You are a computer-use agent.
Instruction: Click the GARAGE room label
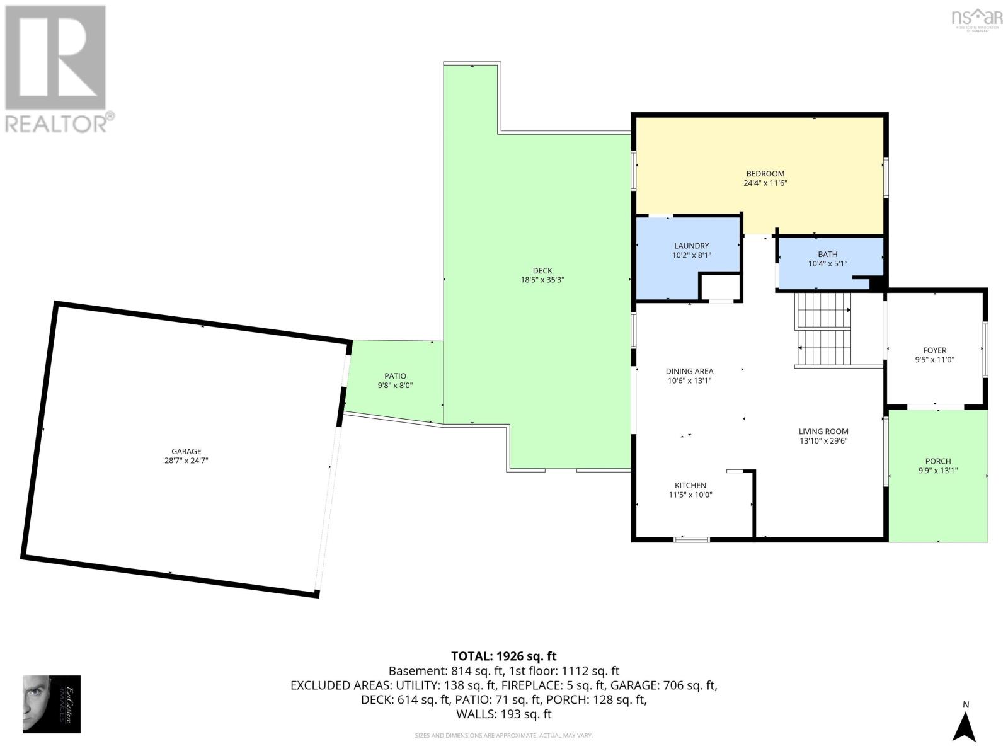tap(186, 451)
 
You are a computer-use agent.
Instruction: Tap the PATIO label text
tap(396, 376)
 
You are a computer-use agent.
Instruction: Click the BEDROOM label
tap(765, 174)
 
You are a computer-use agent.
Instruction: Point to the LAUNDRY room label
tap(691, 246)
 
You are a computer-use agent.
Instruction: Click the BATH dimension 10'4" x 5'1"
tap(827, 264)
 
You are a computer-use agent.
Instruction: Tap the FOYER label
tap(935, 350)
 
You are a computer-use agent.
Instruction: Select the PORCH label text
tap(938, 461)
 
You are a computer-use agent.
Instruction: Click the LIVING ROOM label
tap(823, 432)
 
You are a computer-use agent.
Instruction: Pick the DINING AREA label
tap(689, 371)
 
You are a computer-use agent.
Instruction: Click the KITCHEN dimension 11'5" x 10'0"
tap(690, 495)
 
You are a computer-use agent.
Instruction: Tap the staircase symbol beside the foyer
tap(824, 330)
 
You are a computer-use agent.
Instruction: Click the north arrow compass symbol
tap(964, 727)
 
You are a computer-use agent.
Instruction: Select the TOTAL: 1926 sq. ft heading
tap(503, 656)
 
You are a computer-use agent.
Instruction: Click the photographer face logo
tap(51, 704)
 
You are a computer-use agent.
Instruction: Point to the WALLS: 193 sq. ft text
tap(503, 714)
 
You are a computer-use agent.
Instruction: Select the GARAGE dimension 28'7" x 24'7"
tap(186, 461)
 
